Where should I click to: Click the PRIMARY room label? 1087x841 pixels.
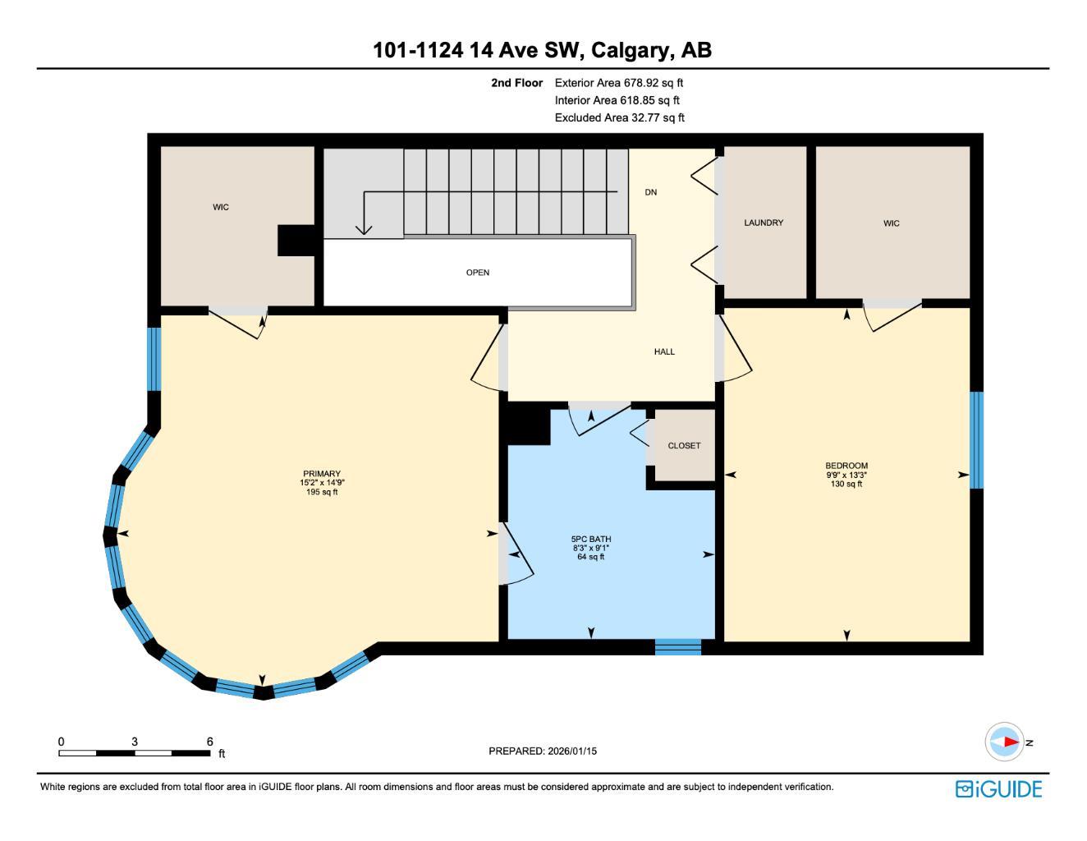click(321, 474)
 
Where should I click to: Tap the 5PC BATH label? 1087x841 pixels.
click(591, 540)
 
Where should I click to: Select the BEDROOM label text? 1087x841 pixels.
click(846, 466)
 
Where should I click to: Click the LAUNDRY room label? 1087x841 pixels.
click(764, 223)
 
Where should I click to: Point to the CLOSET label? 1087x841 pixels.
click(684, 446)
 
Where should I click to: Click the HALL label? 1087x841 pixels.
click(664, 352)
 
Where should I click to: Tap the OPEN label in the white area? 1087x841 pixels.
click(478, 273)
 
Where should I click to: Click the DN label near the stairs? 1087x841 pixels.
click(651, 192)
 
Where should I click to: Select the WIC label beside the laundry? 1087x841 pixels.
click(892, 223)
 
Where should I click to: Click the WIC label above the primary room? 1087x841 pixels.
click(221, 207)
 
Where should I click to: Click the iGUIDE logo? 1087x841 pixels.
click(998, 789)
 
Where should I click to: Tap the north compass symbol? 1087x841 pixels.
click(1005, 742)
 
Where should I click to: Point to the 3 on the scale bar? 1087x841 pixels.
click(135, 742)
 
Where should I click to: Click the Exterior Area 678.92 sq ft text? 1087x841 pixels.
click(619, 83)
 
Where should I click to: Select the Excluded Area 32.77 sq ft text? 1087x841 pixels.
click(620, 117)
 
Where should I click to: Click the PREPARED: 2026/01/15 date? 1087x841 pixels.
click(543, 751)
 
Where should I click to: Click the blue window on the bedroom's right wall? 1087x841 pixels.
click(976, 440)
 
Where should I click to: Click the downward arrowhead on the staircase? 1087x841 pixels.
click(364, 230)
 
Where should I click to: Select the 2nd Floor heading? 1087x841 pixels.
click(517, 83)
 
